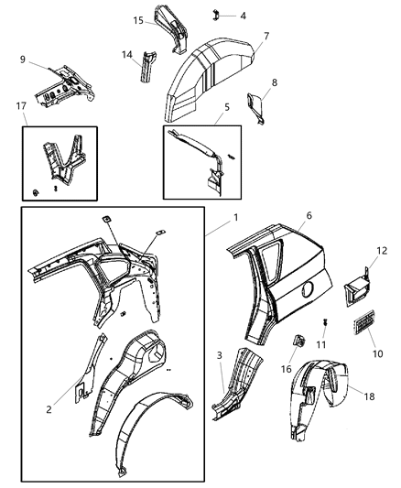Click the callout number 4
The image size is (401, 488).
pos(242,16)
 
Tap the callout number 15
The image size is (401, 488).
pos(138,20)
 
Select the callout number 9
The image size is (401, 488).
pos(21,61)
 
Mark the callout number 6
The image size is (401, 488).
pos(283,241)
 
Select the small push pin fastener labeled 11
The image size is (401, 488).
pos(325,323)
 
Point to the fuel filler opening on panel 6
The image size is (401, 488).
pos(306,291)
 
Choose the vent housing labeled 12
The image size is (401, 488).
pos(356,292)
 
